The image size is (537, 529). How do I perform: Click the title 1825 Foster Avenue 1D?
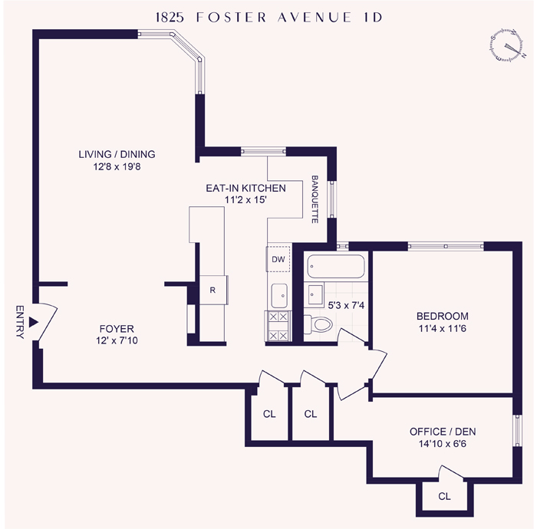pyautogui.click(x=268, y=18)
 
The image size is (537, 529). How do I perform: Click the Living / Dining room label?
pyautogui.click(x=117, y=154)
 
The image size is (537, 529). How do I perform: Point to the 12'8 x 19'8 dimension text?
pyautogui.click(x=117, y=166)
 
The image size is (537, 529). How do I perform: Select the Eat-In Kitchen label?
pyautogui.click(x=245, y=188)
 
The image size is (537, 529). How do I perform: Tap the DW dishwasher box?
pyautogui.click(x=278, y=259)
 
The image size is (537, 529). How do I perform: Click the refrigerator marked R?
pyautogui.click(x=212, y=290)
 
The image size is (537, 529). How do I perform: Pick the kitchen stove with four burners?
pyautogui.click(x=278, y=326)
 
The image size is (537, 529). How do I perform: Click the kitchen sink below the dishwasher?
pyautogui.click(x=278, y=294)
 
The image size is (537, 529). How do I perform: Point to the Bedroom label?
pyautogui.click(x=442, y=316)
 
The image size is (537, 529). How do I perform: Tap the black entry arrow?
pyautogui.click(x=33, y=323)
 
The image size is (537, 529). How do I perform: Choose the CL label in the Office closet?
pyautogui.click(x=444, y=496)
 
